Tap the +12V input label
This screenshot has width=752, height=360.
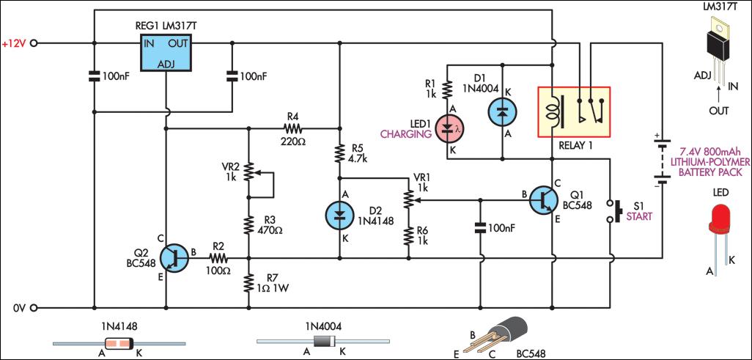pos(14,44)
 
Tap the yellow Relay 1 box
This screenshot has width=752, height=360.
pos(575,111)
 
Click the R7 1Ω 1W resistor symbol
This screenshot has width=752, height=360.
pos(249,282)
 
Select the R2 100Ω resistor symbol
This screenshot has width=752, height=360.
pos(218,258)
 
